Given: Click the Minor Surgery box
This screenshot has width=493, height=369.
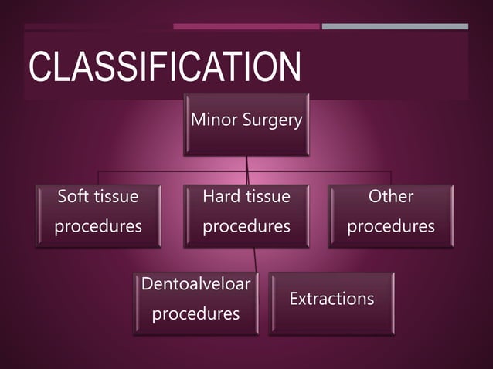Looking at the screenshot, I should tap(246, 124).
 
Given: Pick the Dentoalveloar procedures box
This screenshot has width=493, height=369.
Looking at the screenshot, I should tap(195, 303).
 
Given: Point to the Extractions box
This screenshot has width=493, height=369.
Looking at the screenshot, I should tap(331, 303).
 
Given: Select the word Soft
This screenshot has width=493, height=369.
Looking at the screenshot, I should tap(74, 197).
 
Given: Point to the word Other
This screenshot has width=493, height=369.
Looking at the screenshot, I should tap(391, 197).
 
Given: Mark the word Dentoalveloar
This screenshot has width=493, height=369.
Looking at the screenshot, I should tap(195, 284).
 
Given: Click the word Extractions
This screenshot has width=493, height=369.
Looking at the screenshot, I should tap(331, 299).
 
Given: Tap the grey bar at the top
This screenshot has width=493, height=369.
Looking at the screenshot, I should tap(394, 26).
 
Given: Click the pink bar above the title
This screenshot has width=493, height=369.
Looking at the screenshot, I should tap(246, 26).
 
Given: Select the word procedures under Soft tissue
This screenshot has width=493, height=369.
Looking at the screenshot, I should tap(98, 227).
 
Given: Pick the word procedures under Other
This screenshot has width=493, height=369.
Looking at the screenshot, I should tap(391, 227).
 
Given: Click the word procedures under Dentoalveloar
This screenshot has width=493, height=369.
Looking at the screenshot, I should tap(195, 315).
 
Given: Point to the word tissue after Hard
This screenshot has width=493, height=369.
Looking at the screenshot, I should tap(268, 197).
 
